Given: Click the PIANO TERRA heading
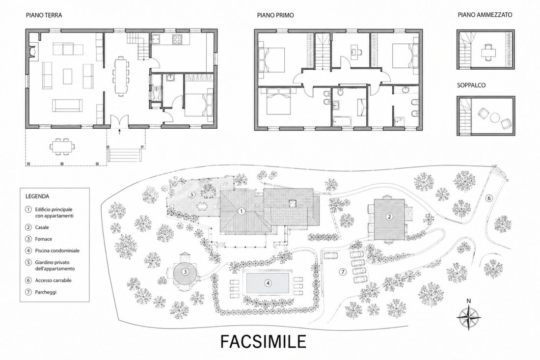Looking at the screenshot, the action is click(x=44, y=15).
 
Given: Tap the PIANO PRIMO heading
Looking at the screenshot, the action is click(x=275, y=15).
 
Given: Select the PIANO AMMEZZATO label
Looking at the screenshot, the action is click(x=485, y=15).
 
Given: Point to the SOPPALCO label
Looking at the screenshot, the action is click(x=471, y=85).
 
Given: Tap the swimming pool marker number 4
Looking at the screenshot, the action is click(x=268, y=283).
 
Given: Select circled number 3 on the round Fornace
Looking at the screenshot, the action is click(x=185, y=272).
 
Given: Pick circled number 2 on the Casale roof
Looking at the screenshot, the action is click(x=389, y=217).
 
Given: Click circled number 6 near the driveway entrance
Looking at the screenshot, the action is click(x=489, y=198).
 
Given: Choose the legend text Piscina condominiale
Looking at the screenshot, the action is click(x=57, y=251).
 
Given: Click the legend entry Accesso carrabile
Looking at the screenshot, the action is click(x=53, y=280).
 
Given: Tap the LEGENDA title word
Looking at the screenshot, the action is click(x=37, y=197).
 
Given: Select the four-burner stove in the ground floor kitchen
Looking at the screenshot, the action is click(x=177, y=40).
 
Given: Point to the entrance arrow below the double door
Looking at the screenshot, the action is click(x=119, y=133).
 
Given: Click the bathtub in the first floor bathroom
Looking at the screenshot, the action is click(x=342, y=121).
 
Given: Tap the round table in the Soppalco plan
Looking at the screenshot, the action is click(x=494, y=118).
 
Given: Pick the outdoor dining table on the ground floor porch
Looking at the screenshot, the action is click(x=63, y=146).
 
